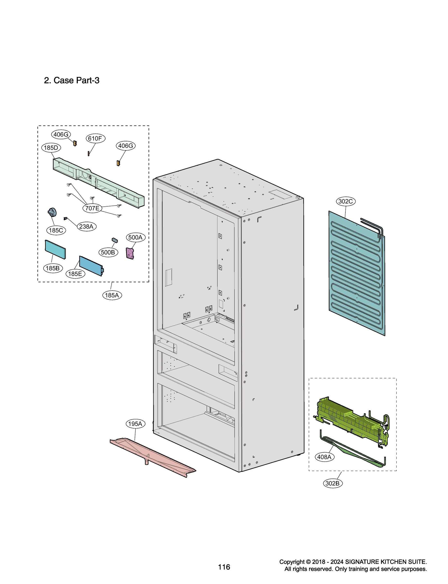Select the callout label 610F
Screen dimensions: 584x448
[95, 138]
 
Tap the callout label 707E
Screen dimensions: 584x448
[92, 208]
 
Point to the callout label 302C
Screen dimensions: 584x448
[345, 201]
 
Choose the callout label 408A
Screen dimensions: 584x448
[324, 457]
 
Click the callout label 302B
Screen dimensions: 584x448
[333, 483]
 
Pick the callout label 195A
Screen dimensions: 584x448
[135, 424]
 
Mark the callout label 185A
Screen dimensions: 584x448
[112, 295]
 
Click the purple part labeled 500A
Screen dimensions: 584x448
[130, 253]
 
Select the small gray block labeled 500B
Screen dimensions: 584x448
[115, 240]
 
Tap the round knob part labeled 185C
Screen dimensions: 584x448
[52, 212]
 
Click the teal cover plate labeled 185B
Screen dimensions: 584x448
[55, 249]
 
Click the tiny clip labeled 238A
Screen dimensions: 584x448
[65, 218]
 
